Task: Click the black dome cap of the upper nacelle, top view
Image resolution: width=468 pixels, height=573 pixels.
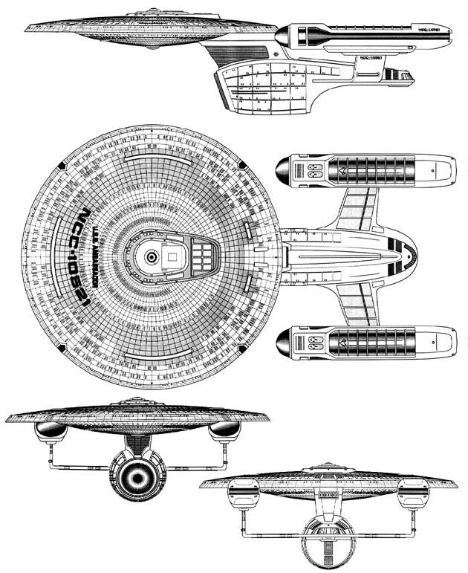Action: tap(285, 172)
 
